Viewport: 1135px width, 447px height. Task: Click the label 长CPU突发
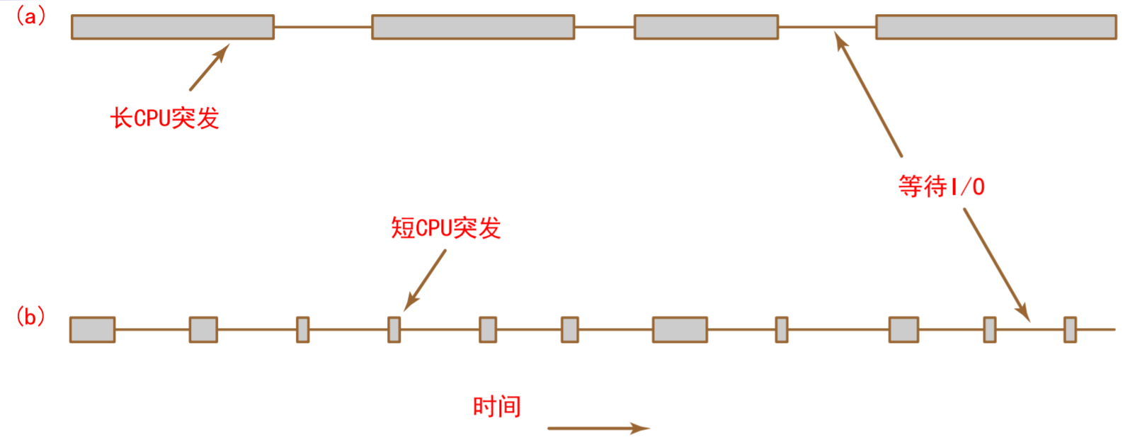pos(164,118)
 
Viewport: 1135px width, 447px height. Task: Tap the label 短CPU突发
pos(446,228)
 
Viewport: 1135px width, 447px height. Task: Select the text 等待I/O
pos(941,186)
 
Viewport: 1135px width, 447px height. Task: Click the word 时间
pos(496,407)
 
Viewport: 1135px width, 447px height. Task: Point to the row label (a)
pos(30,16)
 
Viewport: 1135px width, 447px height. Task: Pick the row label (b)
pos(30,316)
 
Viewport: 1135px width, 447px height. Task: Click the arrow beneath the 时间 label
pos(598,428)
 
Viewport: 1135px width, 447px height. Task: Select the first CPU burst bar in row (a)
pos(172,27)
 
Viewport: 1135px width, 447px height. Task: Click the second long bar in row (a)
pos(472,27)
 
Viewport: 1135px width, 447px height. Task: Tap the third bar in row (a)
pos(706,27)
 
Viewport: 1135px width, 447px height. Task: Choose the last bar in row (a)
pos(996,27)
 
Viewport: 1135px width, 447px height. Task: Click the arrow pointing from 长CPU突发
pos(209,68)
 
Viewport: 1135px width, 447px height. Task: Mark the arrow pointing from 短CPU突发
pos(425,280)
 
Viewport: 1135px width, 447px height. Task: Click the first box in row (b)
pos(92,329)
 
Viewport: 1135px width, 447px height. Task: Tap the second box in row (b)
pos(203,329)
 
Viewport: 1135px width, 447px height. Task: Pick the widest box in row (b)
pos(680,329)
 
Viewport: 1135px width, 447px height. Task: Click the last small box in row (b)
pos(1070,329)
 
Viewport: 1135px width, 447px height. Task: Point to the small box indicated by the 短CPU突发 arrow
pos(394,329)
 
